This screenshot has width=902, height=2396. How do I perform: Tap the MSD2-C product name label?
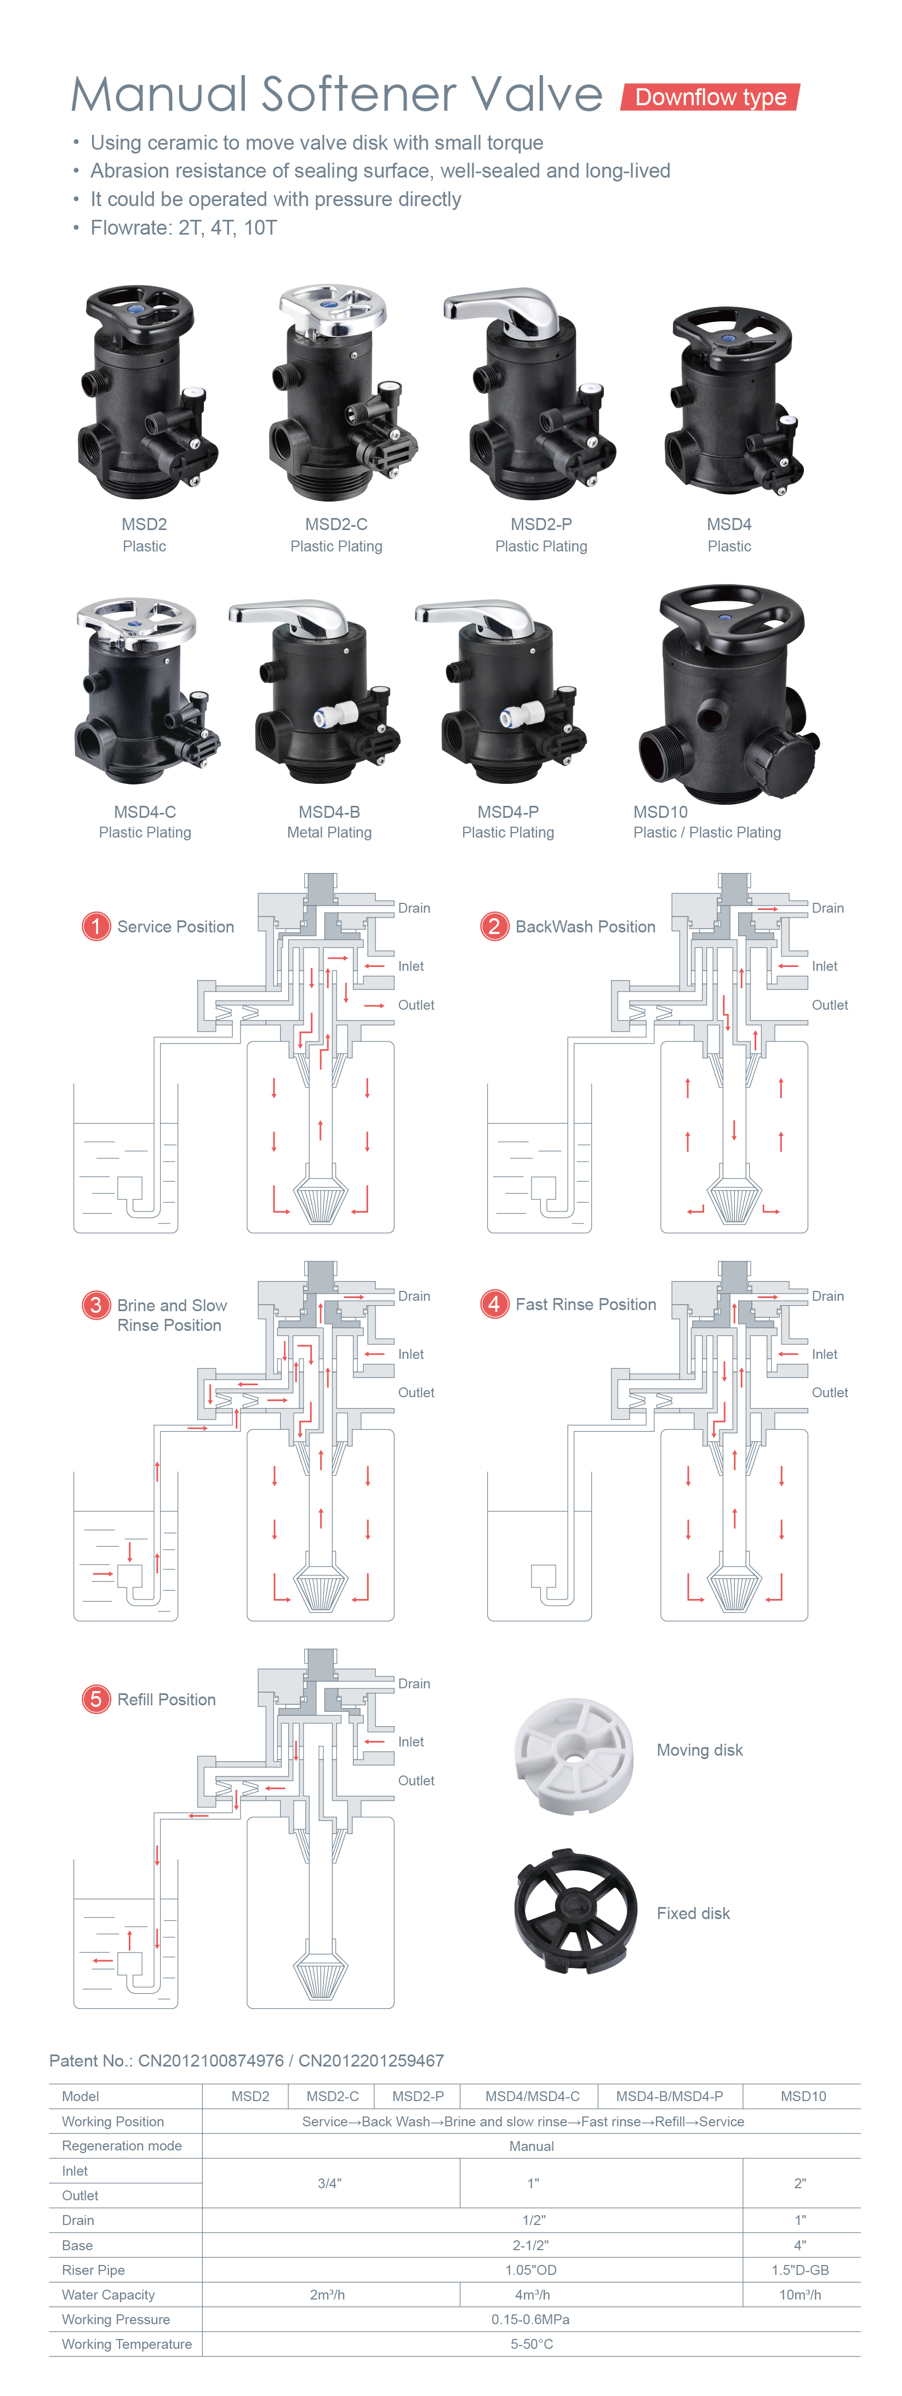tap(336, 525)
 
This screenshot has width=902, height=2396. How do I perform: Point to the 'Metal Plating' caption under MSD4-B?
tap(329, 833)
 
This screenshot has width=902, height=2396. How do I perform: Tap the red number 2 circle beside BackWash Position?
tap(494, 926)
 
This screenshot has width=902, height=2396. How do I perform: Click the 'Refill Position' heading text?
tap(167, 1699)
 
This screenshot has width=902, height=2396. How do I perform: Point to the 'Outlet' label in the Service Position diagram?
tap(416, 1005)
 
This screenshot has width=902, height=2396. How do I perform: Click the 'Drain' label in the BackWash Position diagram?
tap(827, 908)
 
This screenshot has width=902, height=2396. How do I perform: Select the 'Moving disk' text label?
tap(699, 1750)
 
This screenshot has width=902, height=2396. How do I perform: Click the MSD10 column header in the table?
tap(802, 2097)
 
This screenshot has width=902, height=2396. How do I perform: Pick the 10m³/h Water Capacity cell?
tap(800, 2295)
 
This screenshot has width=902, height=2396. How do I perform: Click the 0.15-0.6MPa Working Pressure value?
tap(531, 2320)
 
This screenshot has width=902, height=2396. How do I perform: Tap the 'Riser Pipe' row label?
tap(93, 2270)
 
